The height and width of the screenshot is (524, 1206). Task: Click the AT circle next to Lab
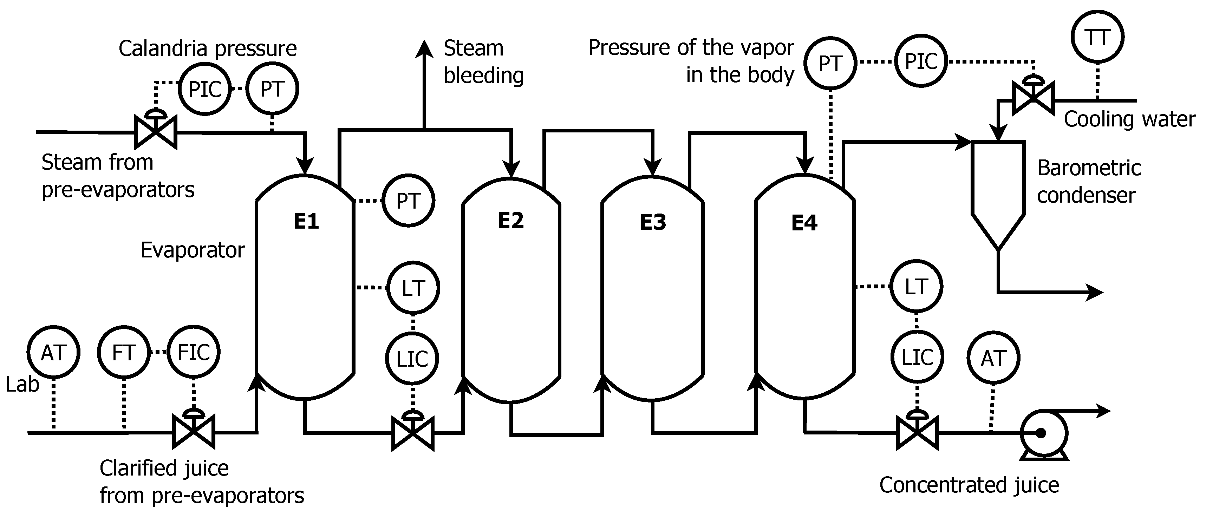point(53,352)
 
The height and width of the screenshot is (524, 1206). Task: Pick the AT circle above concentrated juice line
point(993,358)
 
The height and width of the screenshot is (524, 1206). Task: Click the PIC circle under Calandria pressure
point(204,89)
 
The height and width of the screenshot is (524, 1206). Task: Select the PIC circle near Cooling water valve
point(921,61)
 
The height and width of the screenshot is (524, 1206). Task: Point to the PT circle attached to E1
point(408,201)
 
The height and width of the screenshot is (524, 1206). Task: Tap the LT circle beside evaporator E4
point(916,286)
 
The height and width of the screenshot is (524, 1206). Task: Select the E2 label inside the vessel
point(510,220)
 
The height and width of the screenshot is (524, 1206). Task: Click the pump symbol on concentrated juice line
point(1044,434)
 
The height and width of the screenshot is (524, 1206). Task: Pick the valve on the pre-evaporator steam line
point(155,132)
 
